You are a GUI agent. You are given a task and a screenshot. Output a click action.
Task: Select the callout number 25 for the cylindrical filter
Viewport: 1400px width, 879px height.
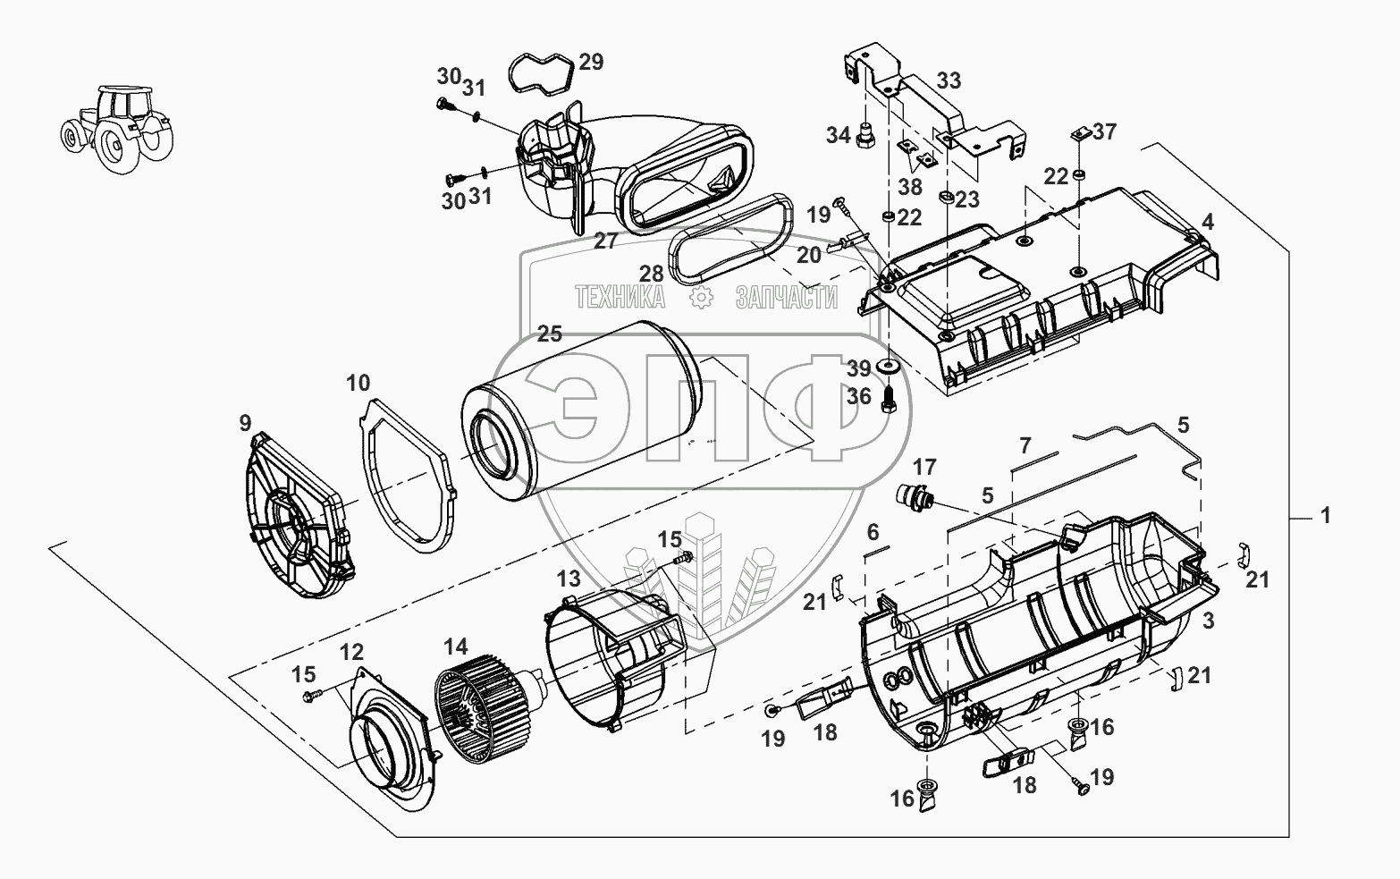click(x=550, y=334)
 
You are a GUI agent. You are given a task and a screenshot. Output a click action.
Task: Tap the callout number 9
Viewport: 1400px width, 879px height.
click(x=245, y=423)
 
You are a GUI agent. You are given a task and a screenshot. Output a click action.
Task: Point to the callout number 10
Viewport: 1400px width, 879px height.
click(x=358, y=385)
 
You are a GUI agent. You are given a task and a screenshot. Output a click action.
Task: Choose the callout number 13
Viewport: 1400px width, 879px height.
click(x=569, y=577)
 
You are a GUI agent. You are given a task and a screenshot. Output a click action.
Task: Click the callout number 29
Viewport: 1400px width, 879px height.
click(x=591, y=62)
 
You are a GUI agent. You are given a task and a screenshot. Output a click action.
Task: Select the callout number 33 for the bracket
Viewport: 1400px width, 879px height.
click(x=949, y=80)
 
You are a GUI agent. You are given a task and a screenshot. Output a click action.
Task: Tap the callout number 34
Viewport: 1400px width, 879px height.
click(x=838, y=135)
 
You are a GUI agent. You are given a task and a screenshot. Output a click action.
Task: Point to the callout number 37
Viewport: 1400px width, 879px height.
click(x=1105, y=131)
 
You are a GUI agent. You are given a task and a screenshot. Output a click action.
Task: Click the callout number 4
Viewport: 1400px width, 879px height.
click(x=1207, y=221)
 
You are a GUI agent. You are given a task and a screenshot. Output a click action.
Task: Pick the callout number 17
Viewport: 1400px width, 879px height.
click(x=924, y=466)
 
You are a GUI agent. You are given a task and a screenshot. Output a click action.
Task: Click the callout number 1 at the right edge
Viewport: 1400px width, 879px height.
click(x=1326, y=516)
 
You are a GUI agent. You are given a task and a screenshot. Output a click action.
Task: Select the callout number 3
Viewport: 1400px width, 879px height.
click(x=1207, y=620)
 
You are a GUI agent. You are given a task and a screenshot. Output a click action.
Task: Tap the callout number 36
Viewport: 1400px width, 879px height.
click(x=859, y=395)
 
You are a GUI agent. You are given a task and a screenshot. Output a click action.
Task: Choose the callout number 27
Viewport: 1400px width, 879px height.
click(x=605, y=241)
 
